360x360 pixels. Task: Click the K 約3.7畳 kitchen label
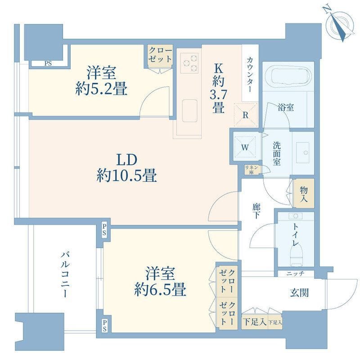[218, 88]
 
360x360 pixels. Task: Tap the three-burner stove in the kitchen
[189, 63]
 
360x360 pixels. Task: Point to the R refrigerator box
[246, 114]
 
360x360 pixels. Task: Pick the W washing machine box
[246, 146]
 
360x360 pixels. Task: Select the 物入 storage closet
[304, 193]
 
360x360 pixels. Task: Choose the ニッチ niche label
[295, 273]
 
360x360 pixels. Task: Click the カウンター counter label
[250, 74]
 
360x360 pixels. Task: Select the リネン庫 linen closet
[250, 170]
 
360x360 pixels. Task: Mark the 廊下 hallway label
[256, 211]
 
